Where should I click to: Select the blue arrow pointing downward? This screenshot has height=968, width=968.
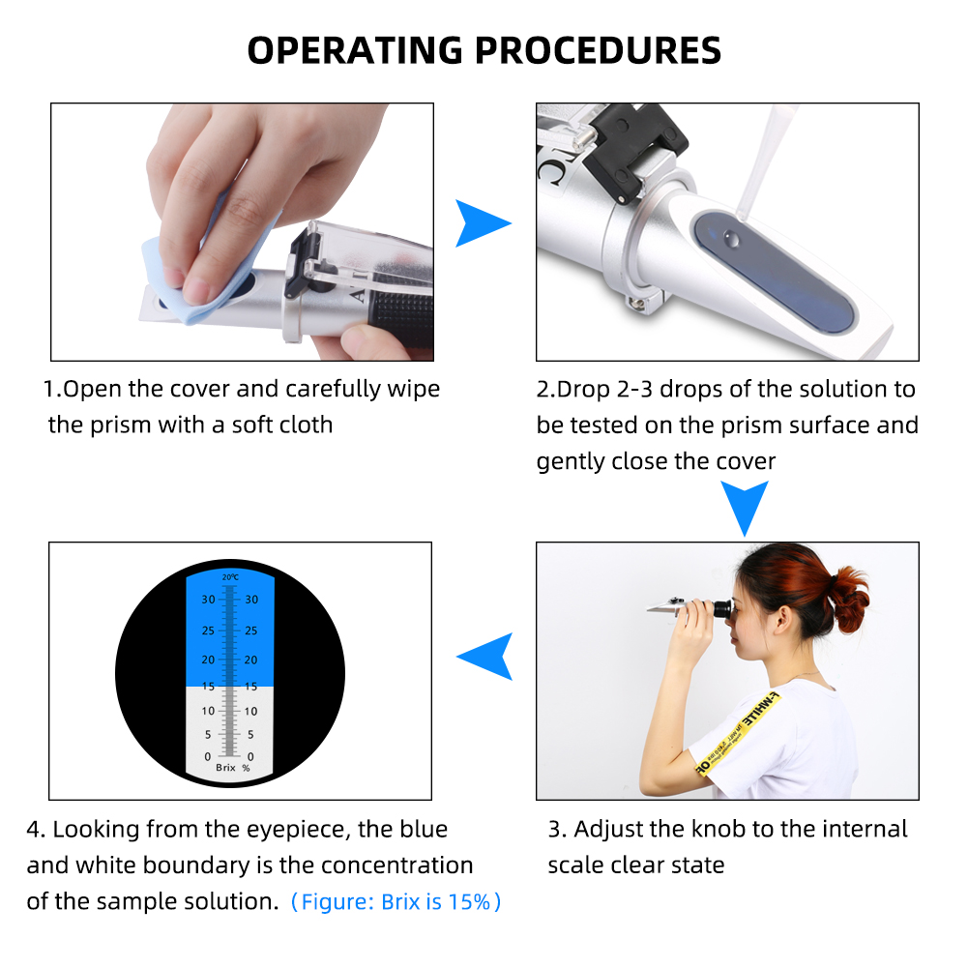744,506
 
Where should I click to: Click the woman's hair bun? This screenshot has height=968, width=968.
848,599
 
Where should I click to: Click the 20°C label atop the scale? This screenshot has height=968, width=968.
229,577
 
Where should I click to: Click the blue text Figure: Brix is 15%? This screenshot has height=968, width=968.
396,902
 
